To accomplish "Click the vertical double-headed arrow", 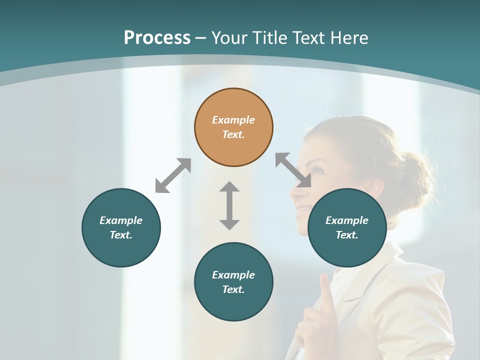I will tap(229, 205).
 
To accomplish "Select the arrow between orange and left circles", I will tap(173, 175).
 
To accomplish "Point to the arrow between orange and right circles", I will tap(293, 170).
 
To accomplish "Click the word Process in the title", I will tap(157, 37).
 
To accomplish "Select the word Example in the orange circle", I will tap(233, 120).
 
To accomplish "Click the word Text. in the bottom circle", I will tap(233, 289).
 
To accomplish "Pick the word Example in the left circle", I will tap(121, 220).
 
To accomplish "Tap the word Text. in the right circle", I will tap(347, 235).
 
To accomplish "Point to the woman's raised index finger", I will tap(325, 287).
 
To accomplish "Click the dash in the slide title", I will tap(201, 38).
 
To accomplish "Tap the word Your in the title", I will tap(230, 37).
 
